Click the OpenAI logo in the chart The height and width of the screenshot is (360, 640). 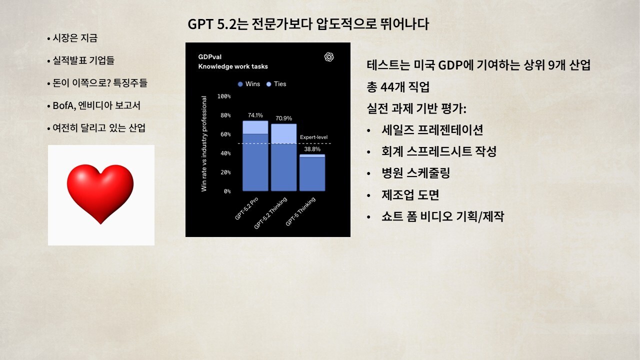tap(329, 57)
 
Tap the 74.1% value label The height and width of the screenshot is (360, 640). tap(255, 115)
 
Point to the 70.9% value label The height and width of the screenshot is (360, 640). tap(283, 118)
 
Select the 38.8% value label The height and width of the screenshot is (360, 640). tap(312, 149)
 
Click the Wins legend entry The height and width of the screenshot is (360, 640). tap(249, 84)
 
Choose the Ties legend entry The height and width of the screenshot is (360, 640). tap(276, 84)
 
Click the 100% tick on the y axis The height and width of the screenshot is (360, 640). tap(224, 96)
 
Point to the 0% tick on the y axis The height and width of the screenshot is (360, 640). tap(227, 191)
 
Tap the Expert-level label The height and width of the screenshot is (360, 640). tap(313, 137)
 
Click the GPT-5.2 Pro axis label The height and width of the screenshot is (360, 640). tap(246, 208)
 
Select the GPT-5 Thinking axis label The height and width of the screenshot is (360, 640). tap(300, 211)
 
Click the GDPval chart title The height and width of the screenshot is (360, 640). tap(209, 57)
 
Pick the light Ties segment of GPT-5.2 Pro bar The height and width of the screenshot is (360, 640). tap(255, 127)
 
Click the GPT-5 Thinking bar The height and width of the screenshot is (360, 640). tap(312, 172)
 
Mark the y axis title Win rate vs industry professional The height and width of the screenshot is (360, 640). tap(203, 143)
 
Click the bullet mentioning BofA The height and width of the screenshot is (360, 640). tap(93, 105)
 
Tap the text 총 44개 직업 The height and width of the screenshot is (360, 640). tap(398, 87)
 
